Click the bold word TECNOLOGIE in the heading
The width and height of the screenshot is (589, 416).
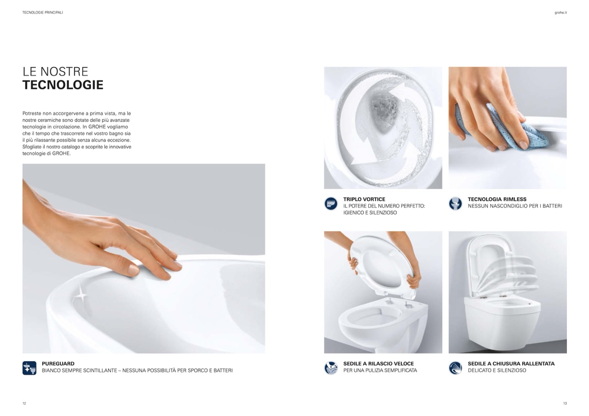(63, 85)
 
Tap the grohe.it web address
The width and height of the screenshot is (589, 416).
(561, 13)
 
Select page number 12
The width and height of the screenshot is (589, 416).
(24, 403)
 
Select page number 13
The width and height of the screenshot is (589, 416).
(565, 403)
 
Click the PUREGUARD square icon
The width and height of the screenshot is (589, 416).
(30, 368)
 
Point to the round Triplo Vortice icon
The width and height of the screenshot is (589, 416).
(331, 204)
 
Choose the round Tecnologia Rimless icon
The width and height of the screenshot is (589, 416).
(455, 204)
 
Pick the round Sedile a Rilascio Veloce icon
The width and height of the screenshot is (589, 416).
(331, 368)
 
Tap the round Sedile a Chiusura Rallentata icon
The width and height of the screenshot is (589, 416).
(455, 368)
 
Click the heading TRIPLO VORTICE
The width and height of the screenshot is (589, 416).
(364, 200)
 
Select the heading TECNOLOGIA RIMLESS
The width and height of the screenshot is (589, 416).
(497, 200)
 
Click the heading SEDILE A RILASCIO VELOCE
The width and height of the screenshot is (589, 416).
(378, 364)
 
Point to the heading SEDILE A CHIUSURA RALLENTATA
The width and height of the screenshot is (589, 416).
(511, 364)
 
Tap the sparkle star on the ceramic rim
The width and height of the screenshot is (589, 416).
(82, 295)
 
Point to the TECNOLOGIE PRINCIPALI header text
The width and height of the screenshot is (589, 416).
(43, 13)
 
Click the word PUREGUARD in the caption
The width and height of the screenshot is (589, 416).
(58, 364)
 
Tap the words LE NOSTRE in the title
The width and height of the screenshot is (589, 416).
(56, 72)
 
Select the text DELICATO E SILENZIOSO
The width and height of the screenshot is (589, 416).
(497, 370)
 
